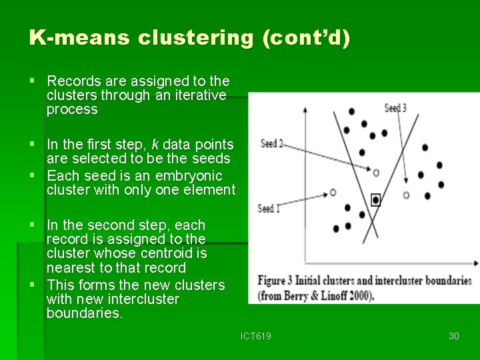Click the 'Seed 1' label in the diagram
click(269, 209)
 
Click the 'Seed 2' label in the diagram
click(271, 143)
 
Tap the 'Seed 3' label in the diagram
click(395, 108)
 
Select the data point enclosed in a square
click(376, 199)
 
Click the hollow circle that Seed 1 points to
click(333, 193)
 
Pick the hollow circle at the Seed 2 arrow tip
click(376, 173)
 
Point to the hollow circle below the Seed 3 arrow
click(407, 195)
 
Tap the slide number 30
click(454, 336)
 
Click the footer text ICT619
click(256, 336)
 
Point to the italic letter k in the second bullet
click(155, 145)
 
